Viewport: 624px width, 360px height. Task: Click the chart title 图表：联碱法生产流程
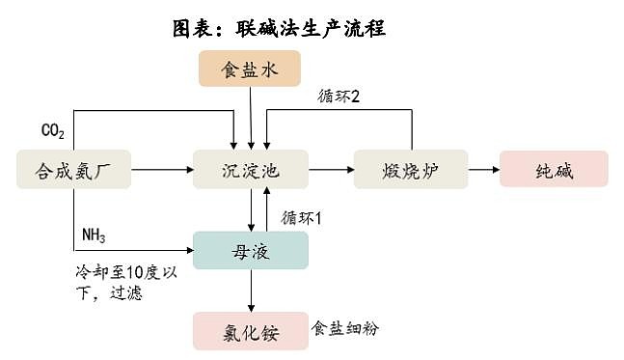click(x=279, y=28)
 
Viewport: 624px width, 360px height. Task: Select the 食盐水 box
click(x=250, y=68)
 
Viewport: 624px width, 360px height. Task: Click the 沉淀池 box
click(x=250, y=170)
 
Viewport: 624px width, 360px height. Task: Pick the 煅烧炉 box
click(x=410, y=170)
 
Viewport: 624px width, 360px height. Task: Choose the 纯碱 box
click(x=554, y=170)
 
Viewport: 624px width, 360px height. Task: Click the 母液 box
click(x=250, y=250)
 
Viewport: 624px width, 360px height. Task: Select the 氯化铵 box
click(x=250, y=330)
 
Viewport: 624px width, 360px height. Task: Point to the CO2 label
click(x=52, y=130)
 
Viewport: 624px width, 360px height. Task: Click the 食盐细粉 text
click(x=345, y=329)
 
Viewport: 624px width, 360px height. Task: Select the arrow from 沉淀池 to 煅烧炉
click(x=330, y=170)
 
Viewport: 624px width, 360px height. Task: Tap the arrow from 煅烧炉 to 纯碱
click(x=482, y=170)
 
